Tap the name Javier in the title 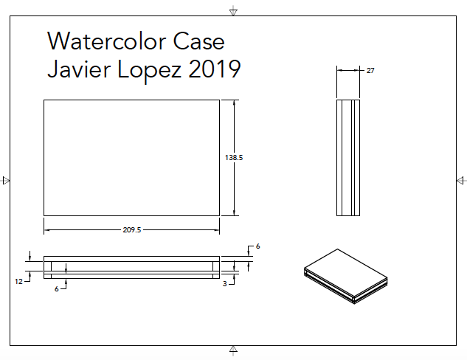[75, 69]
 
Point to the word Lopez [146, 71]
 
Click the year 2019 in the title [215, 69]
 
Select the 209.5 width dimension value [131, 230]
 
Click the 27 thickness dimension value [370, 70]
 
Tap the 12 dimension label [18, 281]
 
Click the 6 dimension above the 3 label [258, 246]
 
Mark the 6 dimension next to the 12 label [56, 289]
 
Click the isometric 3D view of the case [345, 277]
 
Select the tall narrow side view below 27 [348, 157]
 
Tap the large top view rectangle [131, 158]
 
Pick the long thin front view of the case [131, 267]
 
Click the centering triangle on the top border [233, 10]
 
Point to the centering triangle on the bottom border [233, 349]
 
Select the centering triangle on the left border [7, 180]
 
